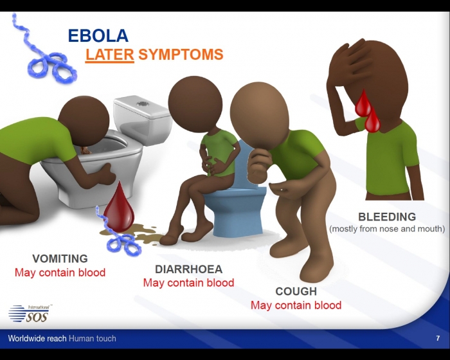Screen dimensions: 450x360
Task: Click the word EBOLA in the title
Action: pyautogui.click(x=98, y=35)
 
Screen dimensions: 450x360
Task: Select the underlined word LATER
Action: pyautogui.click(x=110, y=54)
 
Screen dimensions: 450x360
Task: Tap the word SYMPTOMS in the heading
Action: pyautogui.click(x=181, y=54)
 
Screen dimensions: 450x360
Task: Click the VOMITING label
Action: pyautogui.click(x=60, y=258)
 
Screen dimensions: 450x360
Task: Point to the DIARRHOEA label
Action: pyautogui.click(x=189, y=269)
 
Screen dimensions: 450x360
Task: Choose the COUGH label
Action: pyautogui.click(x=296, y=291)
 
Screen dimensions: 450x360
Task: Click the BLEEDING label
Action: pyautogui.click(x=387, y=217)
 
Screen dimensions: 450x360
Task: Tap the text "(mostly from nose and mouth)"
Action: pyautogui.click(x=387, y=229)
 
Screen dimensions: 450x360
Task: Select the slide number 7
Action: pyautogui.click(x=438, y=338)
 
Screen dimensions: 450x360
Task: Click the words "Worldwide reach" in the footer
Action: pyautogui.click(x=37, y=339)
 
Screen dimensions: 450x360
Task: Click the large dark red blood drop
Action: pyautogui.click(x=119, y=207)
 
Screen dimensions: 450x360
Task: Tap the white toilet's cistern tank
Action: pyautogui.click(x=143, y=118)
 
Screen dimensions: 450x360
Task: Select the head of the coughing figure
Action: pyautogui.click(x=260, y=116)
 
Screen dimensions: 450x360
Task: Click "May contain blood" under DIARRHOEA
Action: pyautogui.click(x=189, y=283)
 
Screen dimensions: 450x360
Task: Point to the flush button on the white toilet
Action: pyautogui.click(x=142, y=104)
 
